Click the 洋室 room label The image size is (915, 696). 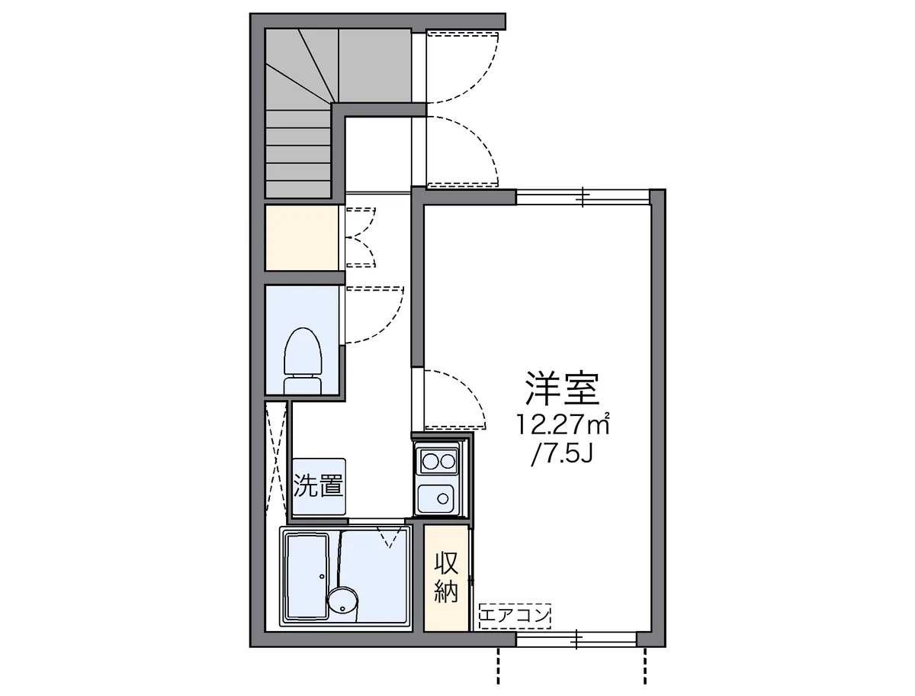[562, 388]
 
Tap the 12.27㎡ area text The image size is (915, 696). [563, 424]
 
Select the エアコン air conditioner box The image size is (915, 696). [515, 615]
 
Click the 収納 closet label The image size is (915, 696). [447, 577]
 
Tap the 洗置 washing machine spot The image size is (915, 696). [319, 486]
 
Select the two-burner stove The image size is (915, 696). [438, 461]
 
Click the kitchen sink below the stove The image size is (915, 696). [438, 498]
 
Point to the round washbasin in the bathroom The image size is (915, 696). [342, 600]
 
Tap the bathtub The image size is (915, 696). [306, 577]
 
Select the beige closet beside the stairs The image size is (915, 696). [302, 237]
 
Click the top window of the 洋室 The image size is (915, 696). [583, 197]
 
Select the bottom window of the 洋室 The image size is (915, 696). [576, 639]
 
